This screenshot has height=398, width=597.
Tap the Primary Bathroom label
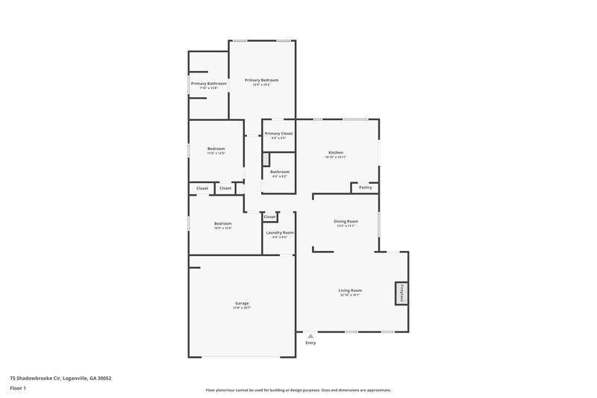208,84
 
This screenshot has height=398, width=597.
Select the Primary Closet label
278,133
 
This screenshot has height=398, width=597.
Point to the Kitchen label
336,152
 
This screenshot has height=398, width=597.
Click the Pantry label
365,187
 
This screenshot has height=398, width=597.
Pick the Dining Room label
346,221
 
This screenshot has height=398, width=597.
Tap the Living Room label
350,290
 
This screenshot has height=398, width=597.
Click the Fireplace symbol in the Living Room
401,293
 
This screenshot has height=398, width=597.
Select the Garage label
242,303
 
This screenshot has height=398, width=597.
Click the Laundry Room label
280,233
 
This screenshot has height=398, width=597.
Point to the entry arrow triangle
310,336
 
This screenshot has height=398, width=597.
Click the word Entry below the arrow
310,343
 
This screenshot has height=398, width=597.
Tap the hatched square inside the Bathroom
265,159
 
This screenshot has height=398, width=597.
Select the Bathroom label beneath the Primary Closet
280,172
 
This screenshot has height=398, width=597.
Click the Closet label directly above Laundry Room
269,217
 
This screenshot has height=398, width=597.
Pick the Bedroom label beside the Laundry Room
223,223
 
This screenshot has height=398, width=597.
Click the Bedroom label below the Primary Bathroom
216,149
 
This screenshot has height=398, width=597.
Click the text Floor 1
19,388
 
